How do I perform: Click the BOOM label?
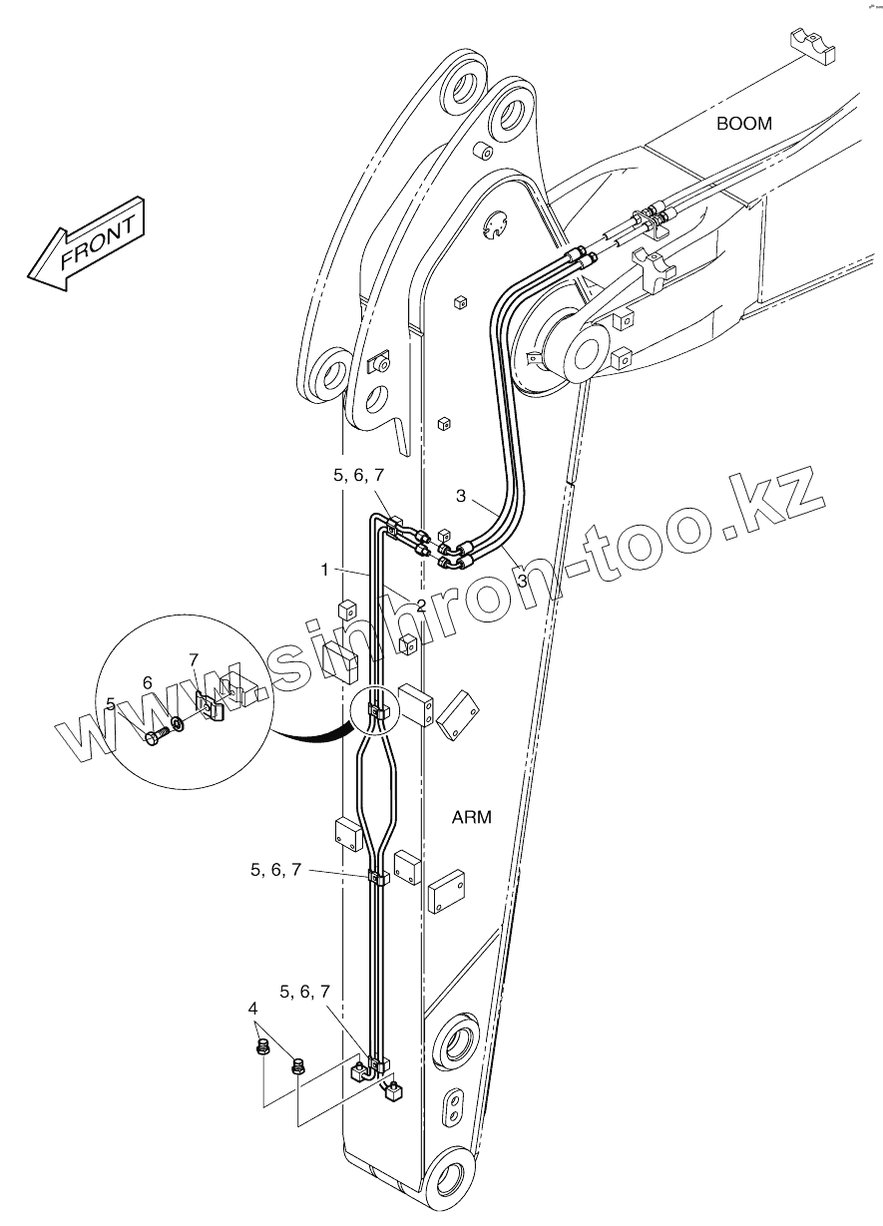[x=744, y=124]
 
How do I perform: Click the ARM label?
[x=472, y=818]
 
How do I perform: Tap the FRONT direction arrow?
[x=87, y=244]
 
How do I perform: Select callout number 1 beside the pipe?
[x=324, y=570]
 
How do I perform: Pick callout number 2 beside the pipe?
[x=421, y=606]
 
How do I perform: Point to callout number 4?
[x=252, y=1011]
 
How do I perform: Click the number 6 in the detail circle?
[x=147, y=682]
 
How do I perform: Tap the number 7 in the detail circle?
[x=195, y=659]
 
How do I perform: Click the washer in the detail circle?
[x=178, y=722]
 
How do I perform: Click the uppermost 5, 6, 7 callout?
[x=358, y=477]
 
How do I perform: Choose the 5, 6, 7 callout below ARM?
[x=275, y=870]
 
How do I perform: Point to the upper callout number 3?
[x=461, y=496]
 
